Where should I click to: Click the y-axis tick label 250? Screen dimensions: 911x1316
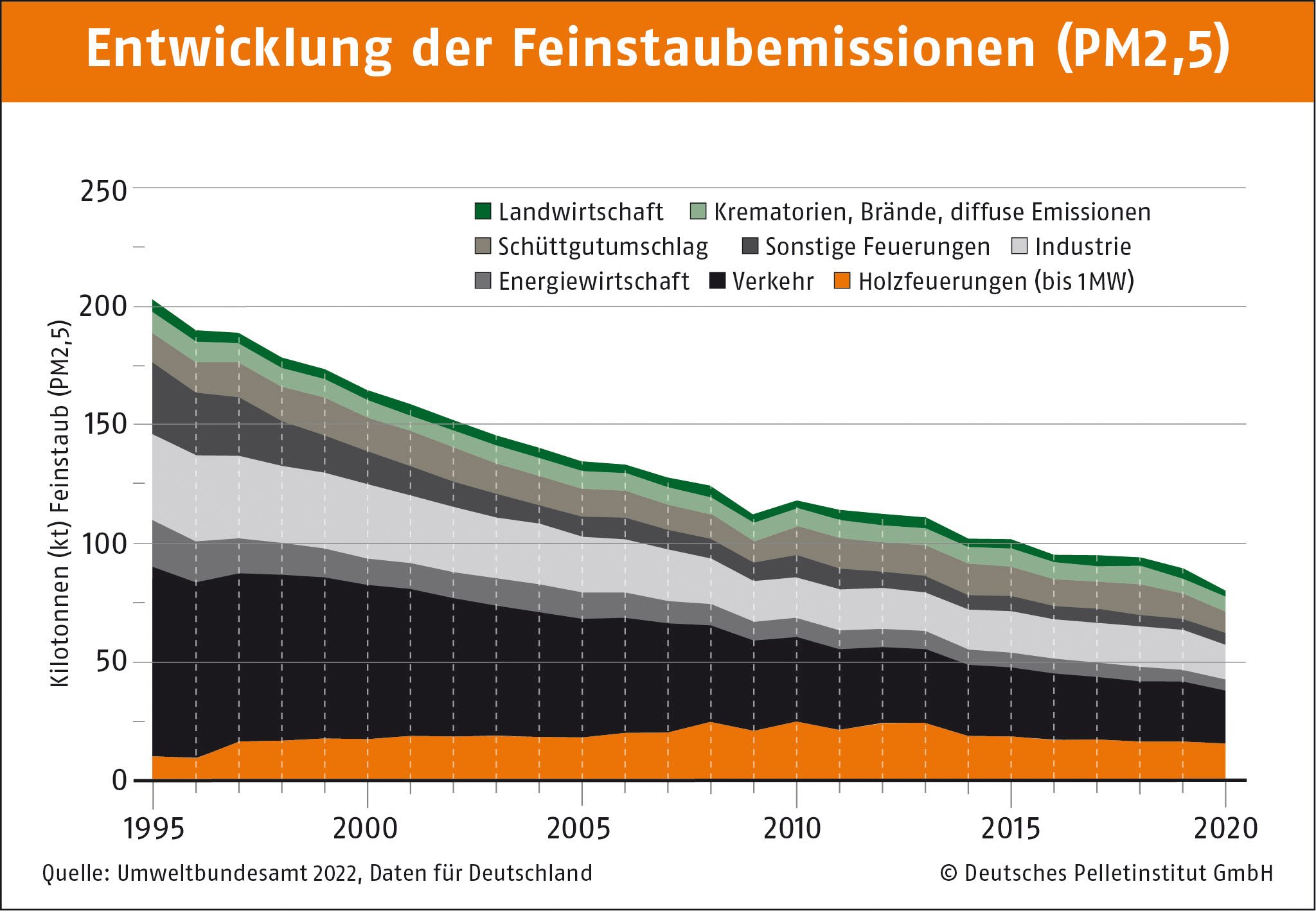click(x=103, y=191)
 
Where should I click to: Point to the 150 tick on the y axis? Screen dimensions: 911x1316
click(x=103, y=424)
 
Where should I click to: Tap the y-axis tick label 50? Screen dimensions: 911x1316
click(x=111, y=662)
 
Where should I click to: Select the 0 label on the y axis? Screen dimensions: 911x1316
click(x=120, y=780)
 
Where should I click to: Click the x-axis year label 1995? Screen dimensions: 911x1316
click(x=154, y=828)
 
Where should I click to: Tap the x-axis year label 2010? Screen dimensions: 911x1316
click(x=792, y=828)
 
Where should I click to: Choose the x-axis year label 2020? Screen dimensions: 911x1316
click(x=1225, y=828)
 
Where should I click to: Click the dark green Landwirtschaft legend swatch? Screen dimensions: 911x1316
click(x=483, y=211)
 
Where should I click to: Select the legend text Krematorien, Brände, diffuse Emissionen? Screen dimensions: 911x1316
click(x=932, y=212)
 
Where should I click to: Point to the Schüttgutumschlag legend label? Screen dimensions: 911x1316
click(x=603, y=247)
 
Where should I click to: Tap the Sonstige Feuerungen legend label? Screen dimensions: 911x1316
click(x=877, y=247)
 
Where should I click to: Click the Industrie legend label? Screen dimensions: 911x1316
click(x=1083, y=247)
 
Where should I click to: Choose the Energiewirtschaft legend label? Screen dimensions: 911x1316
click(x=593, y=281)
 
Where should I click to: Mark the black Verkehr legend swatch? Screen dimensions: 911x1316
click(x=717, y=281)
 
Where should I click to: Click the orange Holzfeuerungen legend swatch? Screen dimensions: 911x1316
click(x=842, y=281)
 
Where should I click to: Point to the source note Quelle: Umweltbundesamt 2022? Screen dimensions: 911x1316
click(x=317, y=873)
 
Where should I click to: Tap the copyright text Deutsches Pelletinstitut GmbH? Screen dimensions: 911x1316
click(x=1107, y=873)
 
